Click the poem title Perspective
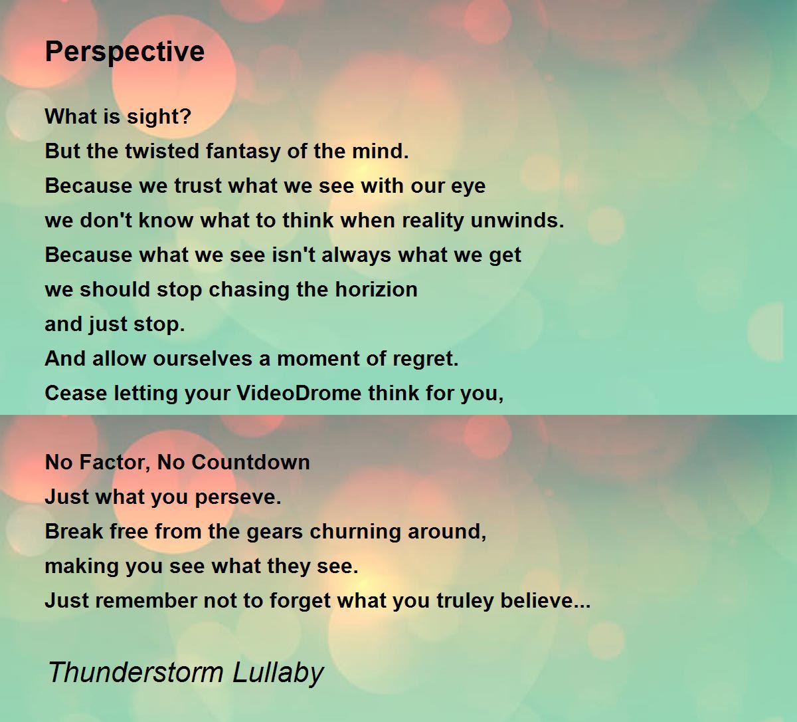coord(125,53)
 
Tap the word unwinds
coord(517,220)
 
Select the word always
coord(356,256)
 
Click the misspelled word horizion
coord(377,290)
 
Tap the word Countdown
coord(250,463)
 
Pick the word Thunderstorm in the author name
coord(136,673)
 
